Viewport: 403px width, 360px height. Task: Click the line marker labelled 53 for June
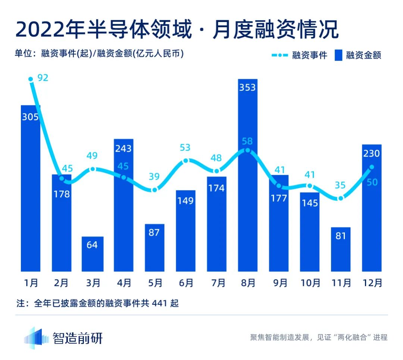pyautogui.click(x=186, y=161)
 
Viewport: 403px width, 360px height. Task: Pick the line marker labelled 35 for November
pyautogui.click(x=340, y=198)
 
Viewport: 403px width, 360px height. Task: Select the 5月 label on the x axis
pyautogui.click(x=154, y=283)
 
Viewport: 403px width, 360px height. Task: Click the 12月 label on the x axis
pyautogui.click(x=372, y=283)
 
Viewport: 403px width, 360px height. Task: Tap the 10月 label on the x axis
pyautogui.click(x=310, y=283)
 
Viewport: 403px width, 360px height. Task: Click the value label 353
pyautogui.click(x=248, y=87)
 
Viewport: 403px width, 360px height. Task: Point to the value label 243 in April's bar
pyautogui.click(x=124, y=148)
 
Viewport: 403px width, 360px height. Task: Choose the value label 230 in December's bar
pyautogui.click(x=372, y=153)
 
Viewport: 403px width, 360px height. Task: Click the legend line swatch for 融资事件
pyautogui.click(x=279, y=55)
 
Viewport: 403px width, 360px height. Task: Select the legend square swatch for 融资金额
pyautogui.click(x=338, y=55)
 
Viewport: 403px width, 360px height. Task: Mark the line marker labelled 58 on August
pyautogui.click(x=248, y=150)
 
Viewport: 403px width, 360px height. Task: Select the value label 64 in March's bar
pyautogui.click(x=93, y=245)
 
